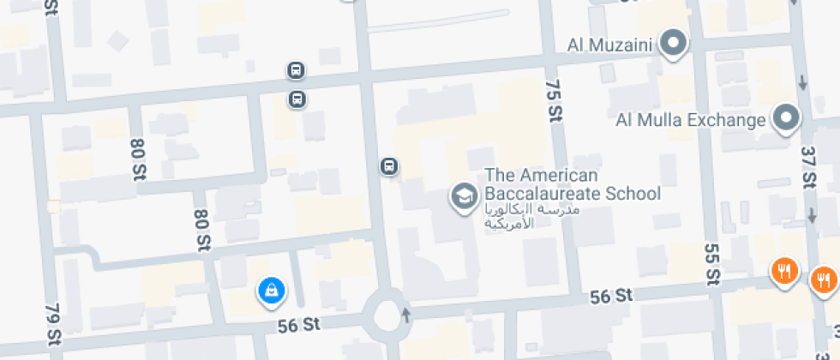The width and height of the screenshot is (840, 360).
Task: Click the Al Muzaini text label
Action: [x=611, y=43]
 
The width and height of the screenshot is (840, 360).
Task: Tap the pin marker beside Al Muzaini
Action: [x=675, y=43]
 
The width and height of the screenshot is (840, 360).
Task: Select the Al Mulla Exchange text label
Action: [x=690, y=119]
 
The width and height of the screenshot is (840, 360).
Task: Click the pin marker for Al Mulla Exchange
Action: [x=786, y=118]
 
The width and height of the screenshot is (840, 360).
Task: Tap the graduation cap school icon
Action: [x=464, y=196]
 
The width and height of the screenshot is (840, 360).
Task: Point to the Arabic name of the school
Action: [x=532, y=216]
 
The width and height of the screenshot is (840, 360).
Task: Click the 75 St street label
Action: [x=553, y=100]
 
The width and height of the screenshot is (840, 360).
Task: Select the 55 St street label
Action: [x=711, y=263]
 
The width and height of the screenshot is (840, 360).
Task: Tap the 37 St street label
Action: [x=807, y=167]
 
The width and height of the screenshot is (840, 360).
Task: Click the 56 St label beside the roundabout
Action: [x=299, y=325]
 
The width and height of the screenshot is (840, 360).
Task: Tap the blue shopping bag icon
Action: [x=272, y=291]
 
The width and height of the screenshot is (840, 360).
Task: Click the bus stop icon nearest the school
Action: [x=389, y=165]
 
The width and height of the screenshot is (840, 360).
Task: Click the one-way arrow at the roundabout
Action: [x=406, y=314]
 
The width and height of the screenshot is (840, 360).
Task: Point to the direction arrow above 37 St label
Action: [x=802, y=83]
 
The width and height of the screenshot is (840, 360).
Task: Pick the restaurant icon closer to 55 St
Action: [x=783, y=273]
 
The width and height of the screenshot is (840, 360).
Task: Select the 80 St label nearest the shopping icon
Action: [x=202, y=231]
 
